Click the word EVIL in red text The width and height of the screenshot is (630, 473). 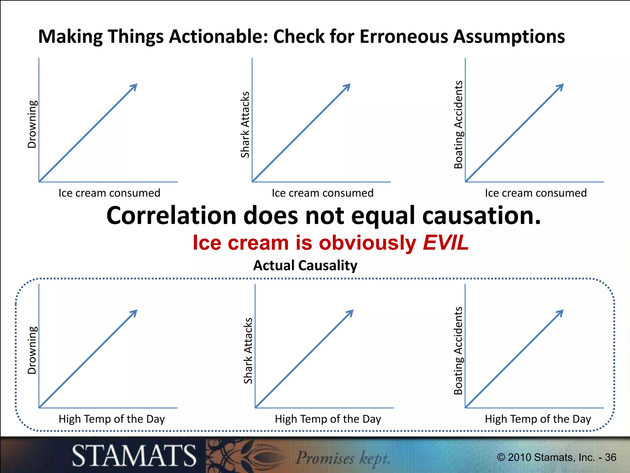[x=445, y=243]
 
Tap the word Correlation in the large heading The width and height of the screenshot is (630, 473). [x=171, y=216]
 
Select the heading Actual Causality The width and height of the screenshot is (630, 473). [x=305, y=265]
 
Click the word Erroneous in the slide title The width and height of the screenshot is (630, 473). [x=404, y=36]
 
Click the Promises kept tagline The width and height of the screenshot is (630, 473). [x=342, y=458]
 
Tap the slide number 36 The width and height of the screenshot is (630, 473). [x=610, y=457]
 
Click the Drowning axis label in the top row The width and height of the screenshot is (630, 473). [x=32, y=124]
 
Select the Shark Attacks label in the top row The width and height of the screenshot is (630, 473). [x=245, y=125]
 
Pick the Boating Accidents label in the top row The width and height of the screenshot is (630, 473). [x=458, y=125]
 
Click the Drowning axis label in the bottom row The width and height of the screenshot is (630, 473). [x=32, y=350]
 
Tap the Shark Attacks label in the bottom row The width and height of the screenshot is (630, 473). [x=248, y=351]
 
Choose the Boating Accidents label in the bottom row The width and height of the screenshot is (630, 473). [x=458, y=351]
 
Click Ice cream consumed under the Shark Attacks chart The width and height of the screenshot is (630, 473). [x=322, y=193]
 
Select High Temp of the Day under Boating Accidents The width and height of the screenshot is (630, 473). [x=538, y=419]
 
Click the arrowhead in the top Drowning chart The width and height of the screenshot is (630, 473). [x=134, y=87]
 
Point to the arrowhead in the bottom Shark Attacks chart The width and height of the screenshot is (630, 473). [x=350, y=313]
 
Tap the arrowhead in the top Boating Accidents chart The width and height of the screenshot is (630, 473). [x=560, y=87]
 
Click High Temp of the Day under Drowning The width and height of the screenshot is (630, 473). [x=112, y=419]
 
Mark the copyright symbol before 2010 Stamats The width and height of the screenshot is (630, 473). [x=501, y=457]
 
